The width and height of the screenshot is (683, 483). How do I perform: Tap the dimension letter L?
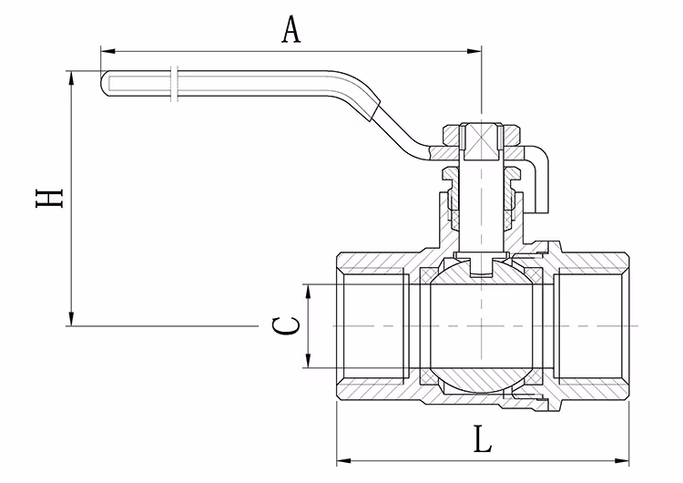point(483,441)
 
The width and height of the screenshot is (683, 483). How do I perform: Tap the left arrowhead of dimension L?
point(342,459)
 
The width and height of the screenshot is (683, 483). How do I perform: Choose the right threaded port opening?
point(592,325)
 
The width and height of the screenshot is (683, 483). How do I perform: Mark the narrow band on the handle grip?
point(174,81)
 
